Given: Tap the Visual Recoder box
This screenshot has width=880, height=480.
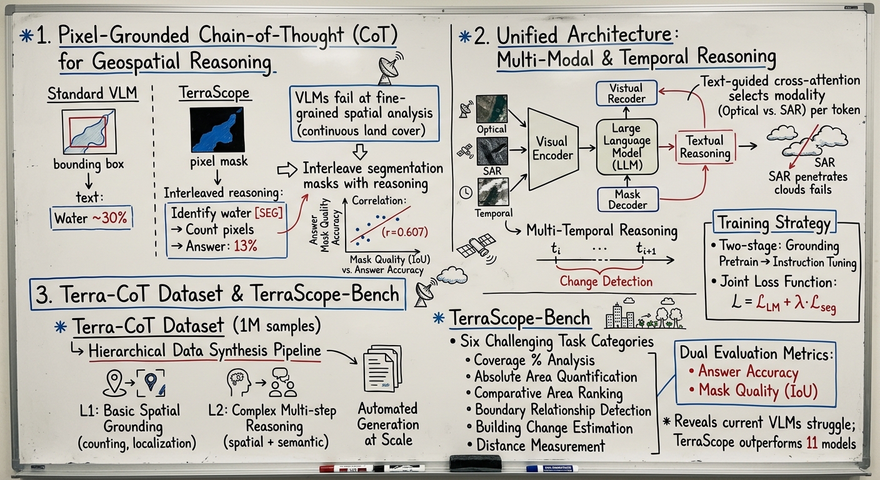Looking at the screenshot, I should [x=626, y=92].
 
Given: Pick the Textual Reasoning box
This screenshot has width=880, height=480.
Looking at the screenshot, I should [x=704, y=147].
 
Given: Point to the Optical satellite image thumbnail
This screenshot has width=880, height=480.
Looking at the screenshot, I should [x=491, y=108].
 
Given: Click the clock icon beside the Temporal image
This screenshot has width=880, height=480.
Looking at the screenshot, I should [x=465, y=192].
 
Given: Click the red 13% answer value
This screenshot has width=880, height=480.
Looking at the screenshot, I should [x=245, y=246].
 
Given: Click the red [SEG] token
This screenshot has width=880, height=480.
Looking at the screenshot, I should [x=269, y=212].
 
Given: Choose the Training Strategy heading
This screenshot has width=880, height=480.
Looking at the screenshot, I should [x=774, y=223].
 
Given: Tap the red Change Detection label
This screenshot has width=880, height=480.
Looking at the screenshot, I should [x=606, y=281].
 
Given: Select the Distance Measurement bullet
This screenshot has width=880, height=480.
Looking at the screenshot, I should [x=541, y=446].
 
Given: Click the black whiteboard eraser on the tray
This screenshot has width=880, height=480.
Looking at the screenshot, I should [x=476, y=463].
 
